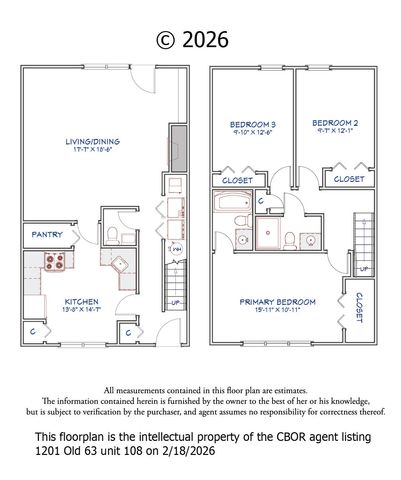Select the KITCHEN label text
pyautogui.click(x=79, y=301)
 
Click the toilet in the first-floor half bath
pyautogui.click(x=115, y=236)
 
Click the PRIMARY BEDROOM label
pyautogui.click(x=277, y=301)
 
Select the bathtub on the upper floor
pyautogui.click(x=232, y=206)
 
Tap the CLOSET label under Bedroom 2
pyautogui.click(x=348, y=179)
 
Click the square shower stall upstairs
pyautogui.click(x=267, y=235)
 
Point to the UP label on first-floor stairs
pyautogui.click(x=175, y=303)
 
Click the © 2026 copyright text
pyautogui.click(x=193, y=40)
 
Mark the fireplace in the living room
pyautogui.click(x=178, y=148)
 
